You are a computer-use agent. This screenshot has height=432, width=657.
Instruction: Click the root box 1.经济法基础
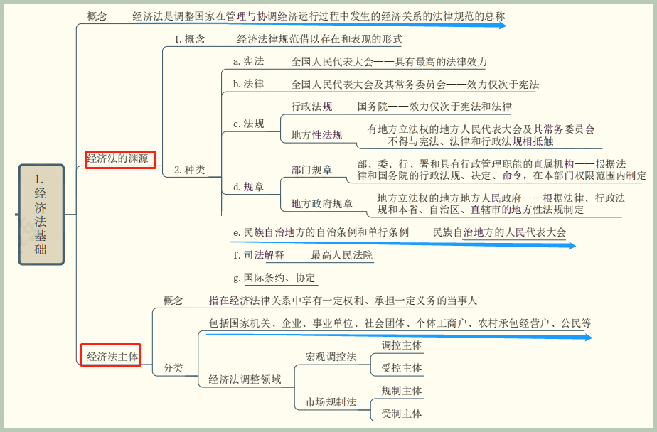tap(41, 214)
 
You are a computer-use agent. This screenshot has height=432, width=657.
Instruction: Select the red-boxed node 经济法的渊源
tap(119, 159)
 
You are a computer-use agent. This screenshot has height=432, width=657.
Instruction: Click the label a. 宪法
tap(248, 62)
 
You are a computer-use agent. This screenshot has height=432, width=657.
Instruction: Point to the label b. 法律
tap(248, 84)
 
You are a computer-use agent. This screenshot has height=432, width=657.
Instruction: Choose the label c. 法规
tap(248, 124)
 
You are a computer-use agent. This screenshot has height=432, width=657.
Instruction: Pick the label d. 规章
tap(248, 187)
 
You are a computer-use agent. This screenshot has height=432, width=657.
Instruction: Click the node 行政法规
tap(311, 107)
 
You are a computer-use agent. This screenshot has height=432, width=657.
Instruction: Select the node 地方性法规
tap(316, 135)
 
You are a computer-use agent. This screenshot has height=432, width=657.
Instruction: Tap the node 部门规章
tap(311, 169)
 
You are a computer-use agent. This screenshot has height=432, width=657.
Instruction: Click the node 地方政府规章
tap(322, 204)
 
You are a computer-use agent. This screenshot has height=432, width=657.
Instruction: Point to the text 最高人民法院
tap(341, 255)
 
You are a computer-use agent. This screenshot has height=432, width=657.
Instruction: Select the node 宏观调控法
tap(331, 357)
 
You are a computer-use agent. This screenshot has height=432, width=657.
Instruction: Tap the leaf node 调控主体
tap(402, 345)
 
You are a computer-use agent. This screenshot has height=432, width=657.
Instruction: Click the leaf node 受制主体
tap(402, 413)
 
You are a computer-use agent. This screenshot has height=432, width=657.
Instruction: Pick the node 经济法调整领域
tap(245, 379)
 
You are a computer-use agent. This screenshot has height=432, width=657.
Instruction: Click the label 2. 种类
tap(189, 170)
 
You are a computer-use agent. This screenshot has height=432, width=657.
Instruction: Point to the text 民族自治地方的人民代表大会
tap(500, 232)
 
